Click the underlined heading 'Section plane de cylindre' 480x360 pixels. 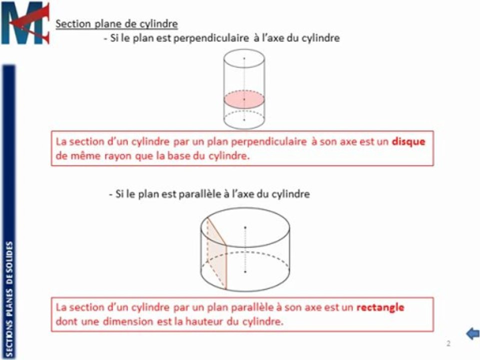pos(116,24)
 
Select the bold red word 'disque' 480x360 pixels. pos(408,141)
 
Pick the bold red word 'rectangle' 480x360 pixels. pos(380,307)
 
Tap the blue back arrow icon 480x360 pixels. pos(472,334)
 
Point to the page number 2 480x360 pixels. pos(448,343)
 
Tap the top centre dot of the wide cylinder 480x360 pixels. pos(245,227)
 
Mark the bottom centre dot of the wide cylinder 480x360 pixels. pos(245,271)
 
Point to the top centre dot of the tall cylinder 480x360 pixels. pos(244,58)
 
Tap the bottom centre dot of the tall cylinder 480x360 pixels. pos(244,120)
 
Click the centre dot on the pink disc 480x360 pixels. pos(244,99)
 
